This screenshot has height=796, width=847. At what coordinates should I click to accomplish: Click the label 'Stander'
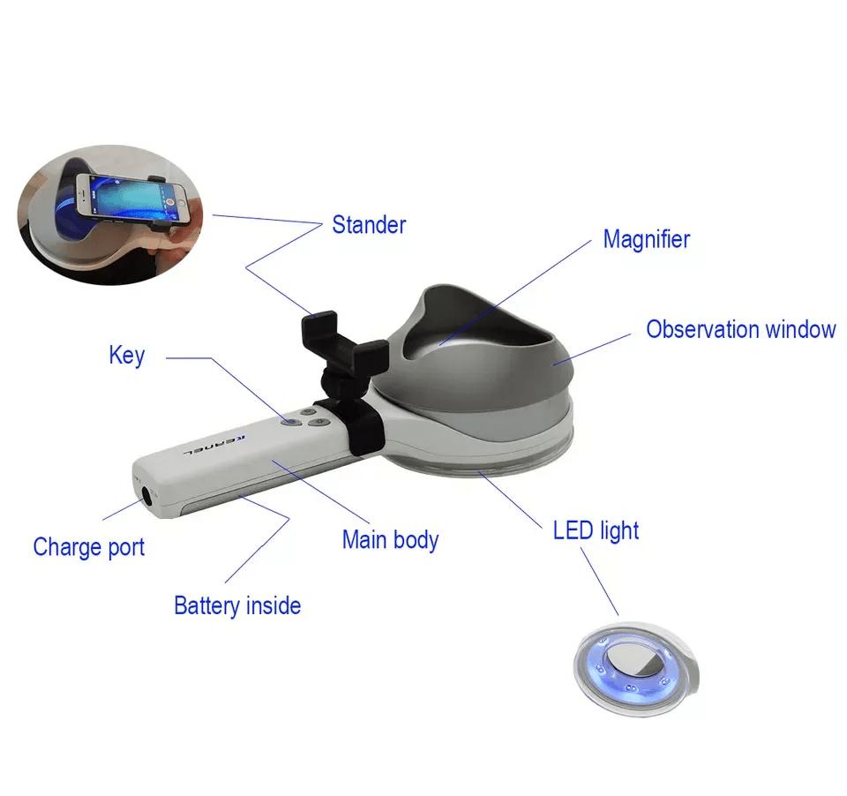pyautogui.click(x=369, y=225)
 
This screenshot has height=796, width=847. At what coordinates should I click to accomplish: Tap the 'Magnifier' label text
pyautogui.click(x=647, y=239)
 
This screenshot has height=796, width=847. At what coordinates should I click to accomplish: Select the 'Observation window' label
pyautogui.click(x=741, y=329)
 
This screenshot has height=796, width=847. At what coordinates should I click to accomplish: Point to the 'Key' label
pyautogui.click(x=127, y=356)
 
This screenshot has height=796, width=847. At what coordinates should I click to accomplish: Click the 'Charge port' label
pyautogui.click(x=89, y=547)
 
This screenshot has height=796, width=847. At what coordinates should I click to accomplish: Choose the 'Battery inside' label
pyautogui.click(x=237, y=605)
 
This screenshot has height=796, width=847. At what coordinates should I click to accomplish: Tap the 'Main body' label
pyautogui.click(x=391, y=540)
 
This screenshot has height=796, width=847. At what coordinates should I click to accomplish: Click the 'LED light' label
pyautogui.click(x=596, y=530)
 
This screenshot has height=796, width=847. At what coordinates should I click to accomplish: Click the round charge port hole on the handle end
pyautogui.click(x=146, y=494)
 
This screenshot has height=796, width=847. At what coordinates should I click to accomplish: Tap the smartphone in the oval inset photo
pyautogui.click(x=132, y=198)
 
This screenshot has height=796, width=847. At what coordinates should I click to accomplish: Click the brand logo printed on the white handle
pyautogui.click(x=215, y=445)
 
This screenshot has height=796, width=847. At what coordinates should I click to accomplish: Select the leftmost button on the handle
pyautogui.click(x=290, y=422)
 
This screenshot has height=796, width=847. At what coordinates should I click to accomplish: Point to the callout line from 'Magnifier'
pyautogui.click(x=514, y=292)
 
